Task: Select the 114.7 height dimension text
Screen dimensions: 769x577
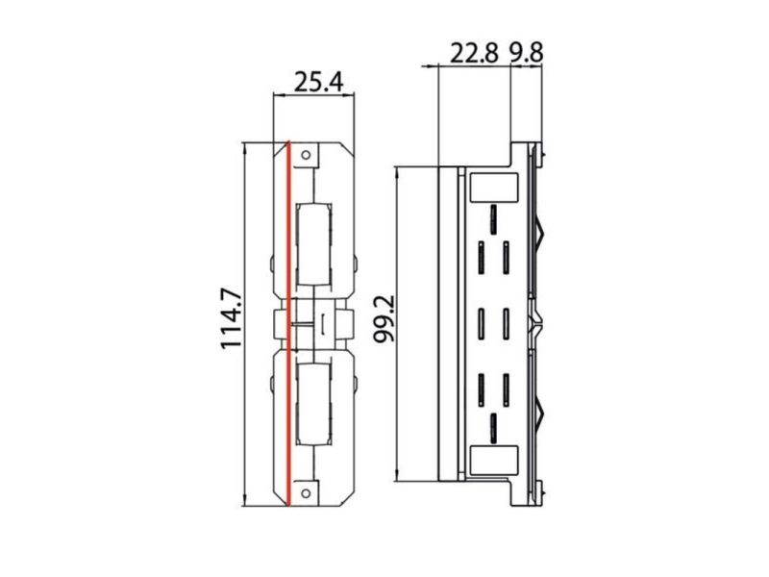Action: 232,319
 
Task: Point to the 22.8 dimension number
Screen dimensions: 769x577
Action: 474,53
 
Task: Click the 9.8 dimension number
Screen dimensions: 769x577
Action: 525,53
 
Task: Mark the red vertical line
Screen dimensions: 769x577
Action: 288,324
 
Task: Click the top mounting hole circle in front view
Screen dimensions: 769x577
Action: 306,155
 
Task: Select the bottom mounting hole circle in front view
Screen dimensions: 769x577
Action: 306,493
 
